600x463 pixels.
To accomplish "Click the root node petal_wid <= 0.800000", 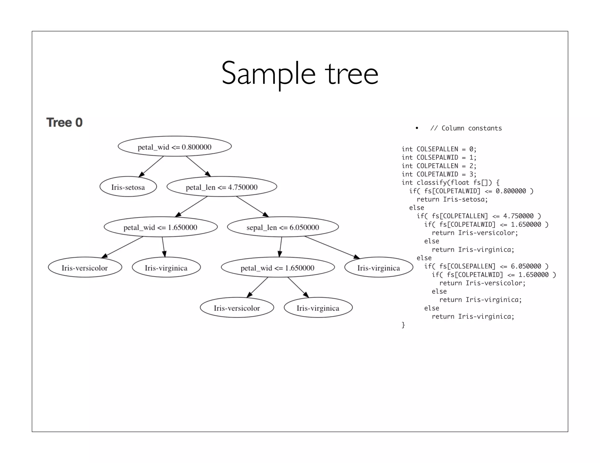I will (x=175, y=146).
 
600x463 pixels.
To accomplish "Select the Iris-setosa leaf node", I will (x=128, y=187).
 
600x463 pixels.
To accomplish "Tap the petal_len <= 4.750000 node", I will (x=222, y=187).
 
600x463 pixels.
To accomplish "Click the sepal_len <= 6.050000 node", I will (x=283, y=227).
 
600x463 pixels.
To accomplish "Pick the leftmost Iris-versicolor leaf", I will (x=85, y=267).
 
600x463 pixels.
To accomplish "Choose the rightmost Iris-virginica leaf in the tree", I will (x=379, y=267).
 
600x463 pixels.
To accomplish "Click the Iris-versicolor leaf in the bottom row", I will (x=237, y=308).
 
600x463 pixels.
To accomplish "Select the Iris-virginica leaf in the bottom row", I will (x=318, y=308).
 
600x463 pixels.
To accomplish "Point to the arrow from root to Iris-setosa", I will (x=151, y=167).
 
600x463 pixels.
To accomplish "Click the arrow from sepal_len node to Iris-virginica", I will (x=333, y=248).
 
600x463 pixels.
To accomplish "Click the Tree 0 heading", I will (x=64, y=122).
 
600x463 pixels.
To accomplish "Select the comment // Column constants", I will (x=466, y=128).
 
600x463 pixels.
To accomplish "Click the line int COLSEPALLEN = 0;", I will (x=439, y=149).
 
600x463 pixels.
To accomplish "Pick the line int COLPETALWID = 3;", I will (x=439, y=174).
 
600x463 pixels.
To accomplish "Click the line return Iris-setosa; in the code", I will (x=452, y=199).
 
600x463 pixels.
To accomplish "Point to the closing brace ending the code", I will (x=403, y=325).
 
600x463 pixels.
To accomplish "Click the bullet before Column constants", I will (x=417, y=128).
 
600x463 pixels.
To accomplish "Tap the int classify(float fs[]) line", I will (x=450, y=183).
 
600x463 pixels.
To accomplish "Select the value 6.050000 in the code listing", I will (x=526, y=266).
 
